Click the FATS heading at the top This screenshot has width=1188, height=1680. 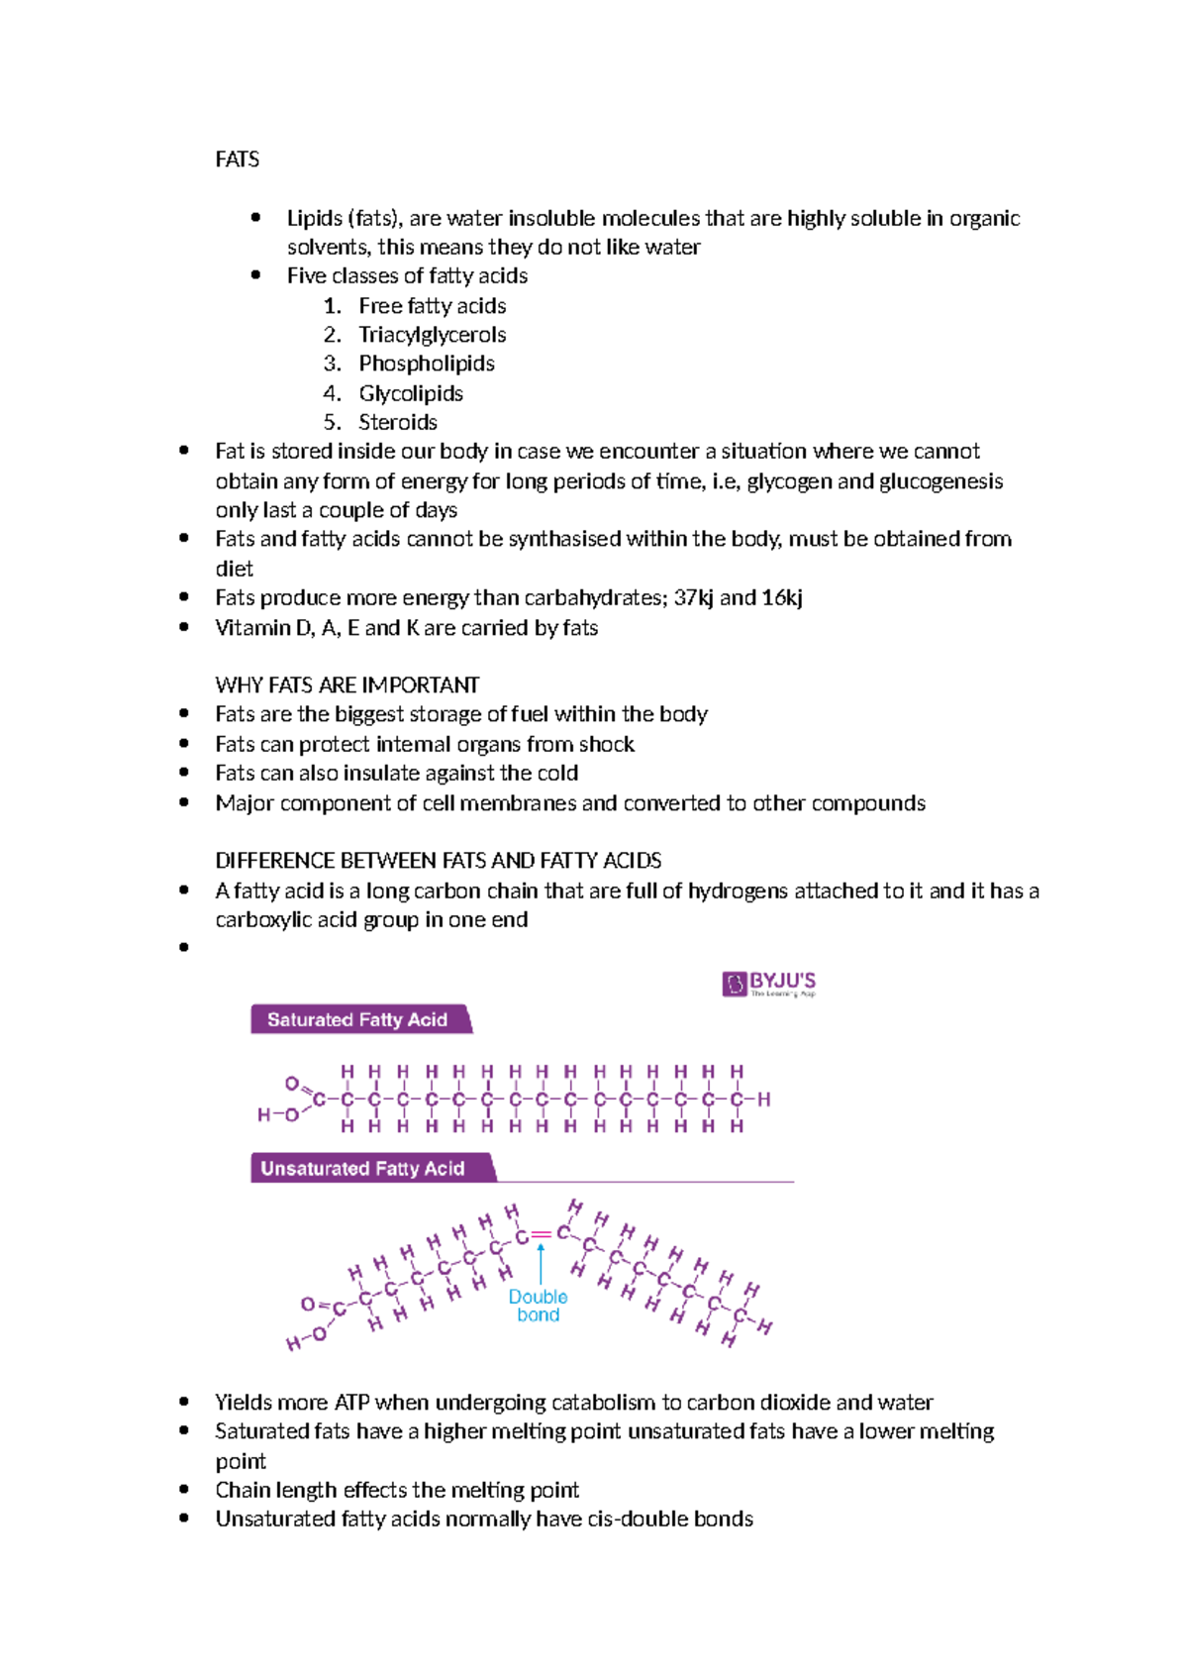[x=237, y=159]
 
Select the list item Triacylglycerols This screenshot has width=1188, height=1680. [x=432, y=335]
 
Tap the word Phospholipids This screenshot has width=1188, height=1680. [x=426, y=364]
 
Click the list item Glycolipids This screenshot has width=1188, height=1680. [x=410, y=393]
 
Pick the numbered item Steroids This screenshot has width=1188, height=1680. [x=397, y=422]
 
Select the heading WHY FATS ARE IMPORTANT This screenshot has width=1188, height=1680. [x=346, y=684]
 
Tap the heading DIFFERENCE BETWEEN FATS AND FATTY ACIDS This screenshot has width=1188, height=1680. [x=438, y=860]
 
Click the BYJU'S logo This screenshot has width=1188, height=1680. [x=769, y=984]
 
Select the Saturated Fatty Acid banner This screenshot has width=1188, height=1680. [x=358, y=1019]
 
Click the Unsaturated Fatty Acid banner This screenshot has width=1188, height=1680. [x=363, y=1168]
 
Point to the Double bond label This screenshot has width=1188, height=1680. [x=538, y=1306]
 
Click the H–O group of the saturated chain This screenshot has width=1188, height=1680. [x=278, y=1115]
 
